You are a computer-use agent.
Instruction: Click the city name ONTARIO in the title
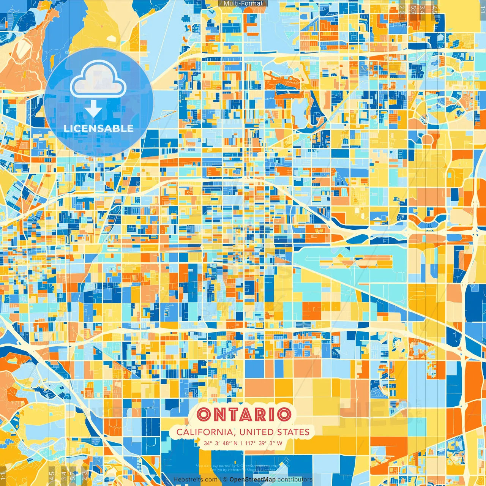[x=244, y=414]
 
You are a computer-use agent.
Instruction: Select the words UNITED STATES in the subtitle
[x=275, y=432]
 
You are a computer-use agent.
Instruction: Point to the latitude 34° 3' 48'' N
[x=221, y=443]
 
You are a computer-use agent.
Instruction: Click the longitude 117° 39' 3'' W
[x=264, y=443]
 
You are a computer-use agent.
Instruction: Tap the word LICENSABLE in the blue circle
[x=99, y=128]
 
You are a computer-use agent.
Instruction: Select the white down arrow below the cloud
[x=93, y=110]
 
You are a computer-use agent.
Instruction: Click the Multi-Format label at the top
[x=243, y=3]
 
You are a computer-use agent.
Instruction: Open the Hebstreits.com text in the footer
[x=195, y=480]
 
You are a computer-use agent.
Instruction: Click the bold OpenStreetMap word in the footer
[x=252, y=480]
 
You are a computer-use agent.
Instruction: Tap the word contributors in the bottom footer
[x=295, y=480]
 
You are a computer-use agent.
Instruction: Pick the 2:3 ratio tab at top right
[x=402, y=9]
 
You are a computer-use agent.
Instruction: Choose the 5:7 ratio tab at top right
[x=413, y=9]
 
